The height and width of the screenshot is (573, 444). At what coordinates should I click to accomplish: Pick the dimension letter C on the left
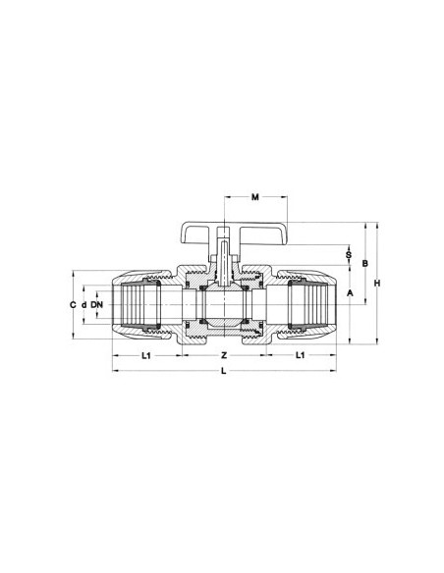point(72,306)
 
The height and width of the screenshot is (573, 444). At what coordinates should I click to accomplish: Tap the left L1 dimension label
point(145,354)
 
